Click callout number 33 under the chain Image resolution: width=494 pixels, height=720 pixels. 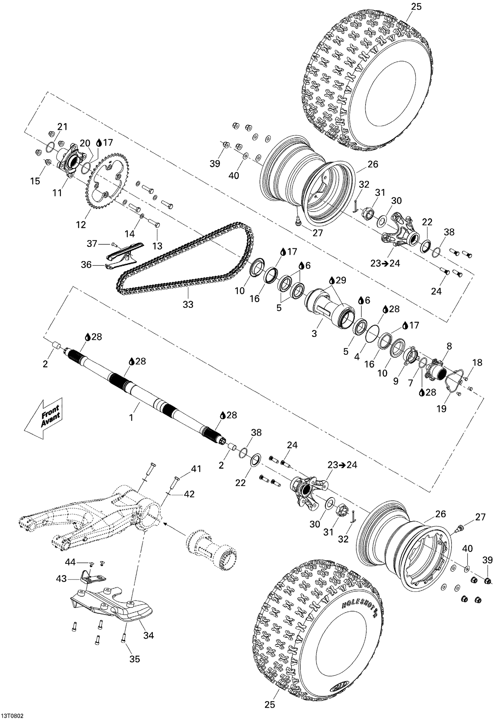(188, 304)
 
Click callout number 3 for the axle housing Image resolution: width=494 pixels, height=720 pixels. (314, 333)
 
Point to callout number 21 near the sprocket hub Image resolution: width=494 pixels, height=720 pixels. (62, 127)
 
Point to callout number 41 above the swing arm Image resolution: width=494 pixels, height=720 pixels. (196, 468)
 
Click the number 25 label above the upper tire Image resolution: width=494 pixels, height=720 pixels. (416, 7)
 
